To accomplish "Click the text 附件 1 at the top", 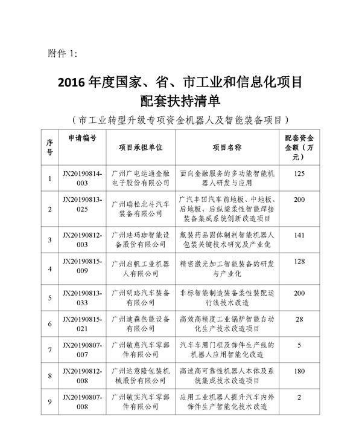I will tap(62, 53).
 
